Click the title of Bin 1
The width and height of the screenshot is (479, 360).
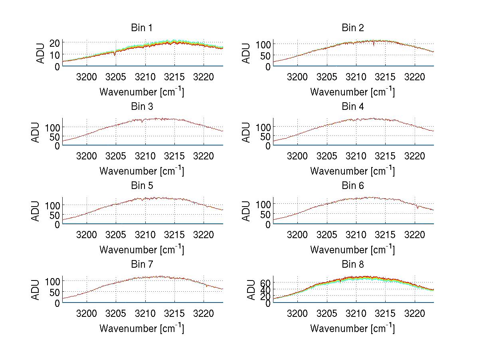(142, 28)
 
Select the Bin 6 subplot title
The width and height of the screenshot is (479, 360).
(353, 186)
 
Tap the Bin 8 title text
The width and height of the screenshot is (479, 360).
(353, 265)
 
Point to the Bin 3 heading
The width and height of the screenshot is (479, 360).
(142, 107)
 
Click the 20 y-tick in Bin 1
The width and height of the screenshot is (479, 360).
(55, 43)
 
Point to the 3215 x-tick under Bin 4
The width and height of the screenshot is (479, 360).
(385, 155)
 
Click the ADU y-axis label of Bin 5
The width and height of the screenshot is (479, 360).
(36, 211)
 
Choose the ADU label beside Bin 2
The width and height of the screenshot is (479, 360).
(247, 53)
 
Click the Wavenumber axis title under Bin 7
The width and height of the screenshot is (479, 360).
(142, 328)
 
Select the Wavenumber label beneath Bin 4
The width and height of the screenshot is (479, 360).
(352, 171)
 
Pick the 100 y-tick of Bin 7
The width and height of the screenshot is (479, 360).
(53, 281)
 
